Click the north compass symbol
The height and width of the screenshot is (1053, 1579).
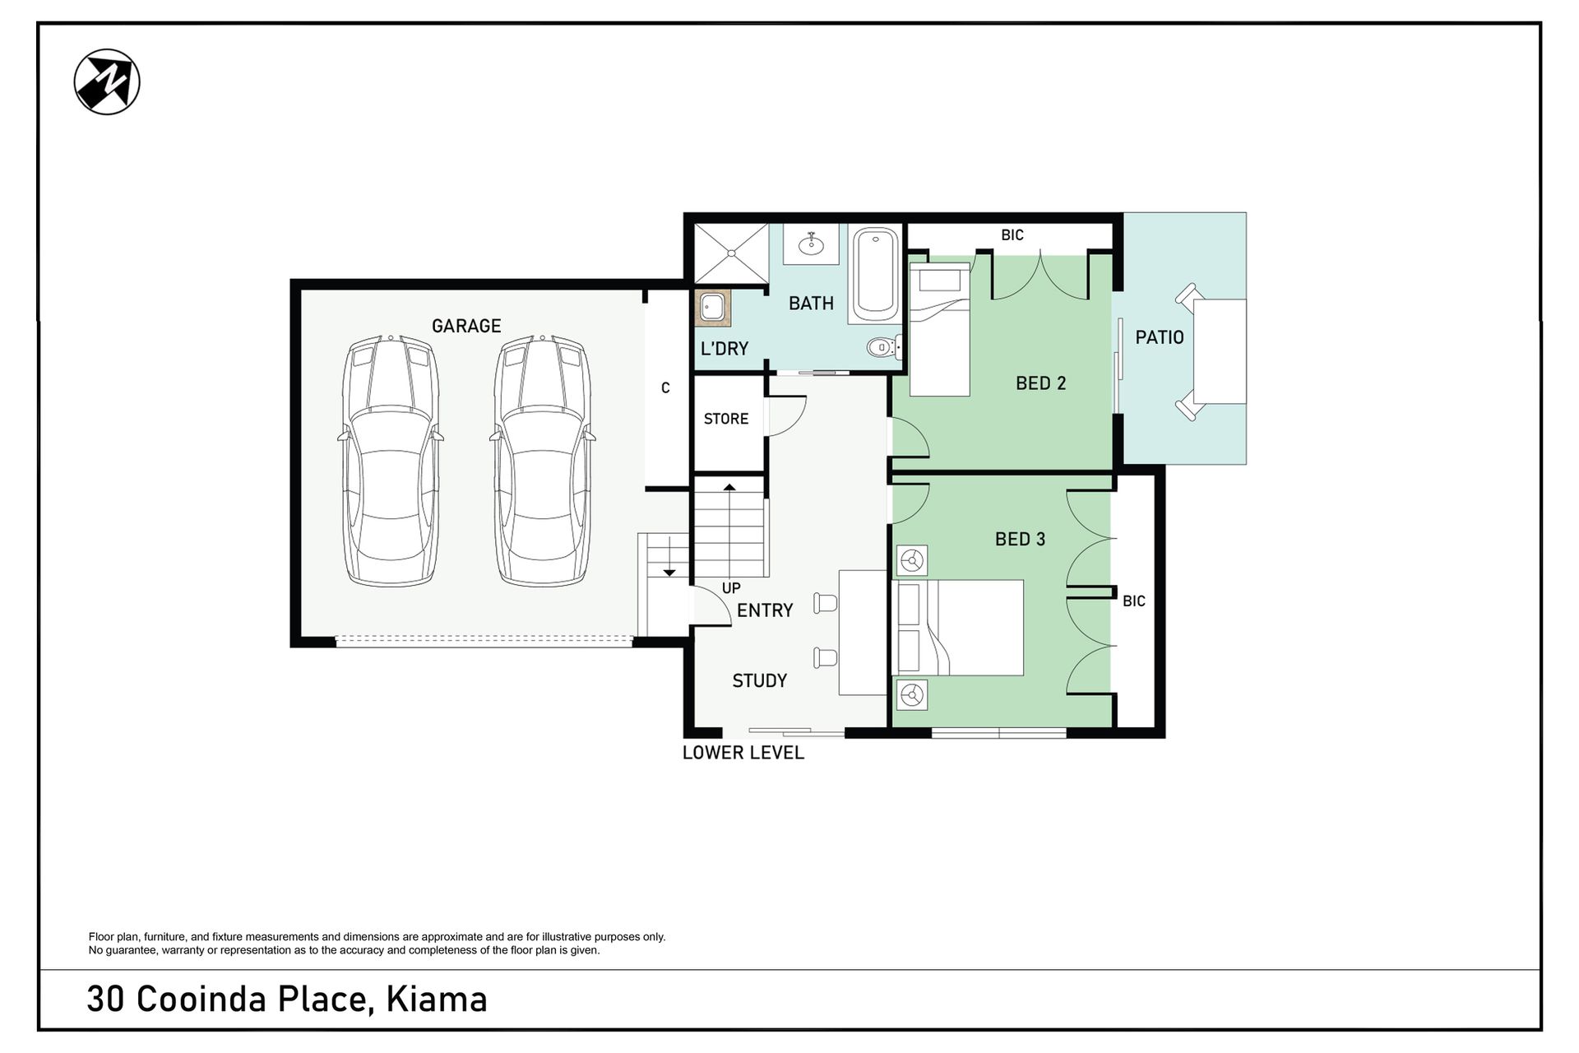tap(107, 81)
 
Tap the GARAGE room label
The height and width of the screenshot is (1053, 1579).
tap(466, 326)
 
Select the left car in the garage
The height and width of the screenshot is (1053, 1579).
tap(391, 461)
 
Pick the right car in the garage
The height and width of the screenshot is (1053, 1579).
tap(542, 461)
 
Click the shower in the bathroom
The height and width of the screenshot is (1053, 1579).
tap(731, 253)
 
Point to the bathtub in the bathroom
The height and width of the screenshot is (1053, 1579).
tap(875, 275)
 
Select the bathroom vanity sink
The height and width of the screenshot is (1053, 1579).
tap(811, 244)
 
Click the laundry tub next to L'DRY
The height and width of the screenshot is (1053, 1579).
tap(712, 308)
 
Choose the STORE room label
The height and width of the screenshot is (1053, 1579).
tap(726, 419)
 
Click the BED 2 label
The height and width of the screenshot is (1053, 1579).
tap(1040, 383)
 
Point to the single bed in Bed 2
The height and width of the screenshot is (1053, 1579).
tap(939, 329)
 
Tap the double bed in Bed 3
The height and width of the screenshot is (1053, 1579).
tap(958, 628)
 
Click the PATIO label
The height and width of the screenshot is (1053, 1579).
tap(1160, 337)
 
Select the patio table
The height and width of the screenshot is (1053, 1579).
tap(1220, 351)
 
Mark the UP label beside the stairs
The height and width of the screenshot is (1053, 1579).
tap(731, 588)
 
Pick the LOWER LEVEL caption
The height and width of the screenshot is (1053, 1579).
tap(743, 753)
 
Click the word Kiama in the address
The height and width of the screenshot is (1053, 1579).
tap(437, 1000)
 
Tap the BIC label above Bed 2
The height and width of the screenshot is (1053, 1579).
tap(1012, 235)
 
